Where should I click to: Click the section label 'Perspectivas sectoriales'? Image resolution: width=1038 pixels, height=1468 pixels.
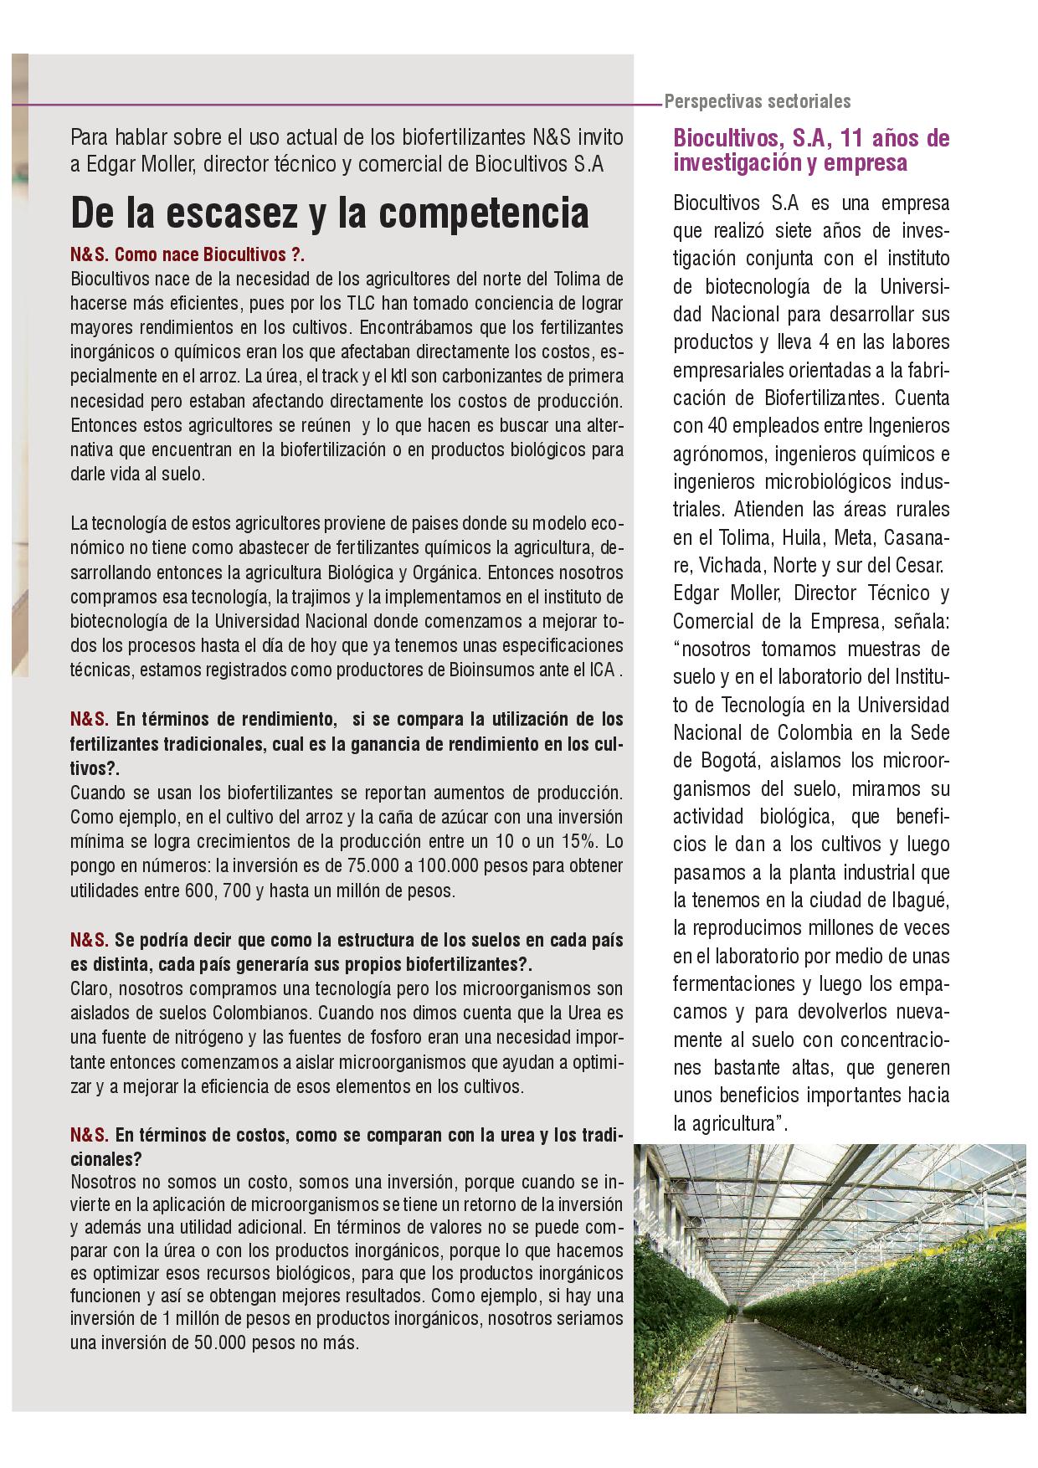click(x=758, y=102)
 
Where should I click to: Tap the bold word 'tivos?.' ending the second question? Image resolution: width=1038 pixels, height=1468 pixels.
click(x=97, y=768)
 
